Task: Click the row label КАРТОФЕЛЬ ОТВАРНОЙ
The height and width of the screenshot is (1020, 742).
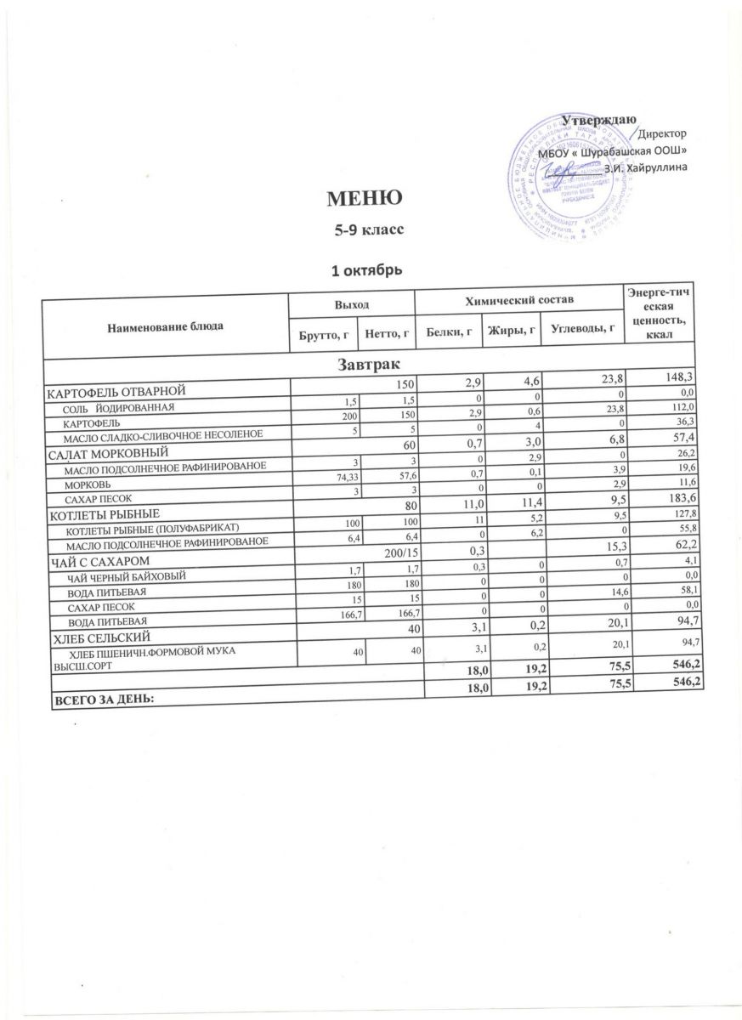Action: [x=116, y=391]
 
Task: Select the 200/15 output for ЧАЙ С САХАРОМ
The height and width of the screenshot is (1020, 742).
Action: [x=395, y=554]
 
